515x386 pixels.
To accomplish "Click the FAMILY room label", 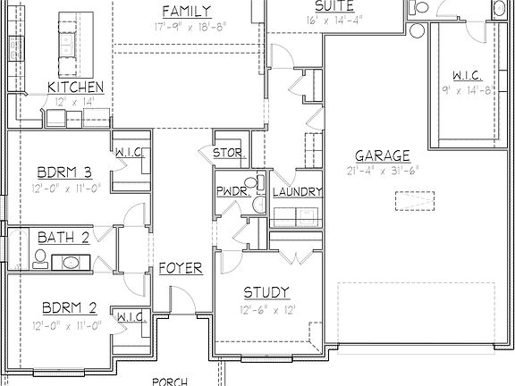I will [187, 12].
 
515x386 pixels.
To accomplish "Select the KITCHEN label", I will [76, 88].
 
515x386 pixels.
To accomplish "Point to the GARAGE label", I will [382, 155].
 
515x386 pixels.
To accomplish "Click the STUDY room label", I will [266, 292].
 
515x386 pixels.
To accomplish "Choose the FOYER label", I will [181, 269].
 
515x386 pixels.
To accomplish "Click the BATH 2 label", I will [63, 238].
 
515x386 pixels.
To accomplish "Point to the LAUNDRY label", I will [297, 192].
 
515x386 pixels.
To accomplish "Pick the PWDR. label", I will [232, 192].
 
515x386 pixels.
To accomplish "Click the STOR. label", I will [229, 154].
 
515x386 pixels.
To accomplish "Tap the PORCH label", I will [169, 382].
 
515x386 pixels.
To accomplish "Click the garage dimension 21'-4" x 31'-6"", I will [382, 171].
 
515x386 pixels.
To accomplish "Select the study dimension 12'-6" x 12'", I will [266, 309].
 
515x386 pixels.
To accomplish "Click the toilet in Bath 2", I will [38, 259].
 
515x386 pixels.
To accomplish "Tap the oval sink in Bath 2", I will [71, 263].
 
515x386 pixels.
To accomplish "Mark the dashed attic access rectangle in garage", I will [417, 200].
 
